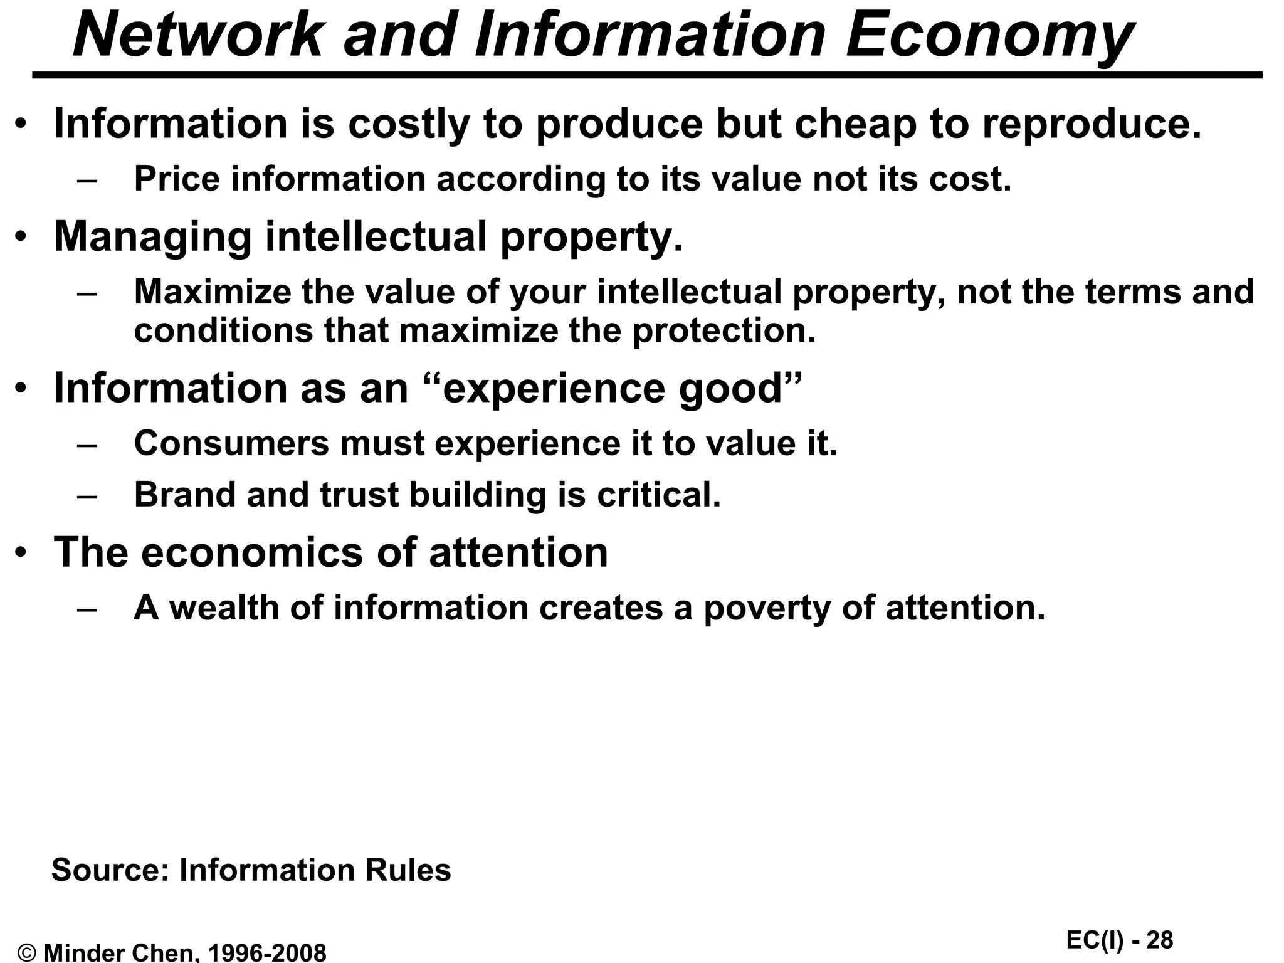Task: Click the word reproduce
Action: [x=1092, y=124]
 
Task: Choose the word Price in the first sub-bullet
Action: [x=177, y=179]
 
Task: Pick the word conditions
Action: [x=223, y=330]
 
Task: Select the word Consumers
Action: [x=231, y=443]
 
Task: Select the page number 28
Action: [x=1159, y=940]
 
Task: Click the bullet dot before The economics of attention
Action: [x=22, y=552]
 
